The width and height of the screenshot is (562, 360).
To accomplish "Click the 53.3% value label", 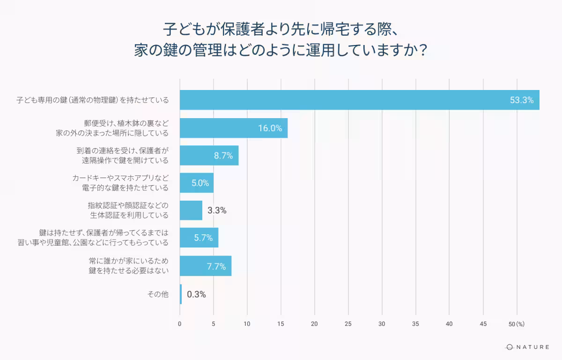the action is point(522,100).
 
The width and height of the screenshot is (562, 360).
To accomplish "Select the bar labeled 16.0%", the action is point(234,128).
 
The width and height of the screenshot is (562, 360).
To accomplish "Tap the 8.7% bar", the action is point(209,156).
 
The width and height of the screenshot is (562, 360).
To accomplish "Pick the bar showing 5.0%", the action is point(196,183).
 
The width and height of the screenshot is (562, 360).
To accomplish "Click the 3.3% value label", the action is point(217,210).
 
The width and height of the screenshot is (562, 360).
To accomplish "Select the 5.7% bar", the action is point(199,238).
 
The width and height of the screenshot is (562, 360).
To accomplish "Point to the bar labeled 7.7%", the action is point(206,266).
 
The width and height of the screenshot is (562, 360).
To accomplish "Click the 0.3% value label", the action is point(196,294).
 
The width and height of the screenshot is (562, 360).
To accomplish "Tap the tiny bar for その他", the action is point(181,294).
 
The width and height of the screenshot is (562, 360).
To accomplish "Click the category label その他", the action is point(158,294).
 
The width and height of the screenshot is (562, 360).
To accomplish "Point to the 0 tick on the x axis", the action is point(180,324).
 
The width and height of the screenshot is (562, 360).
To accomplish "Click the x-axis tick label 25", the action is point(348,324).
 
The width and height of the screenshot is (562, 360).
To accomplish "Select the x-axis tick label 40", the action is point(449,324).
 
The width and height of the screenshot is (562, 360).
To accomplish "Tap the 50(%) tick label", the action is point(516,324).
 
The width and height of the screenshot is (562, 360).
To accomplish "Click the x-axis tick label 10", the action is point(247,324).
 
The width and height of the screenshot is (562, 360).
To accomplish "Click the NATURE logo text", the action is point(532,347).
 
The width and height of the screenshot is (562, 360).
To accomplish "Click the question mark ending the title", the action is point(423,50).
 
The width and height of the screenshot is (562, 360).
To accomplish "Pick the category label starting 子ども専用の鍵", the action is point(93,100).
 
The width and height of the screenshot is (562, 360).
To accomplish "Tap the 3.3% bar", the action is point(191,210).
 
